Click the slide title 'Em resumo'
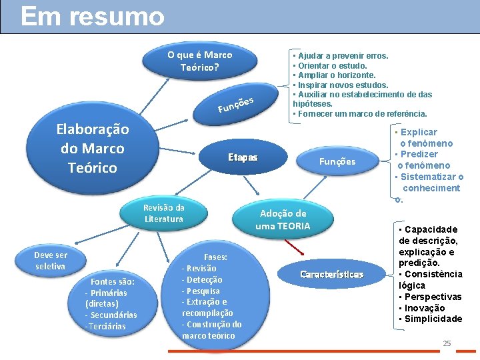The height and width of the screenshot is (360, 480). (92, 17)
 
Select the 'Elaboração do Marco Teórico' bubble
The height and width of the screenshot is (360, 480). (93, 149)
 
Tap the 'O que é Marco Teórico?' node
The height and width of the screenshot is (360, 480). (199, 61)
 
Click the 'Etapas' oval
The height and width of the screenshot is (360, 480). (242, 158)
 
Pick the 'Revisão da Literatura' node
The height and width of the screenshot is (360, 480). (163, 213)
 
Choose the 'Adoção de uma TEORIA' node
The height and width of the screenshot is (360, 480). (283, 219)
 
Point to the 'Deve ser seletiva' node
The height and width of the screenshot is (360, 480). (51, 261)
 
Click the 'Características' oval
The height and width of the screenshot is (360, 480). (331, 275)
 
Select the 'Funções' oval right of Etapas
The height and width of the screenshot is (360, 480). (337, 161)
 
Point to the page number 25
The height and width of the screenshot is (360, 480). (447, 343)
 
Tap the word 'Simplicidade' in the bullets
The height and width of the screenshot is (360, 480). (433, 319)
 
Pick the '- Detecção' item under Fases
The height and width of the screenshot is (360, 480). (203, 279)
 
